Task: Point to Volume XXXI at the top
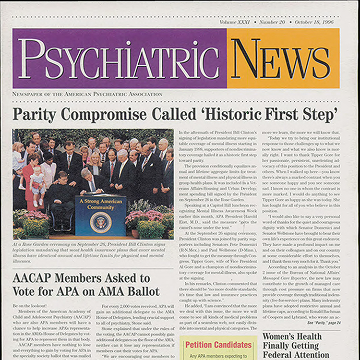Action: click(235, 22)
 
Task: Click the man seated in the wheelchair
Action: click(58, 197)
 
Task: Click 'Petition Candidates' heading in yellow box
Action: click(218, 345)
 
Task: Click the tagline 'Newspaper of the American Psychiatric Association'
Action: click(87, 95)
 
